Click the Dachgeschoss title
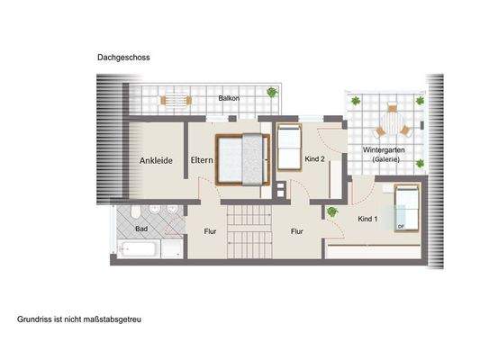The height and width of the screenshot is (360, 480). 123,57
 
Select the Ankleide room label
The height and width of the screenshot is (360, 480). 156,161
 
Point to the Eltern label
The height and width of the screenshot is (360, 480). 202,161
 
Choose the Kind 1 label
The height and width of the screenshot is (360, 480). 367,219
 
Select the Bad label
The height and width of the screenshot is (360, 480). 141,229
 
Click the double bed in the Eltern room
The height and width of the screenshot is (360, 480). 242,160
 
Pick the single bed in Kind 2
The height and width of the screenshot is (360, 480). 288,148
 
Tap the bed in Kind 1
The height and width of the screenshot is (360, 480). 406,209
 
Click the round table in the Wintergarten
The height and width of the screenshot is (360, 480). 392,120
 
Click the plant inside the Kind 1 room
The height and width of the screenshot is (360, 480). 332,211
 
